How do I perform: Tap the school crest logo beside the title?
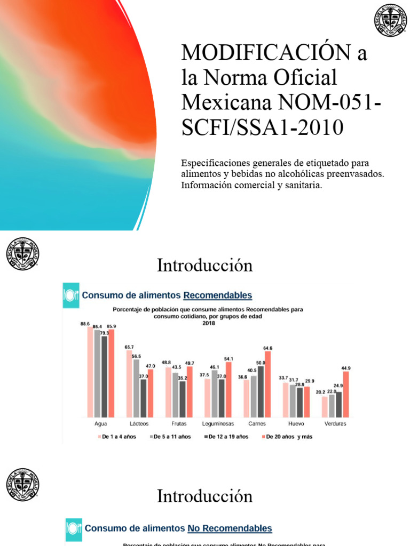(x=390, y=21)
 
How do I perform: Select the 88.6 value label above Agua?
(x=84, y=324)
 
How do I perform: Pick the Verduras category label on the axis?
(x=335, y=423)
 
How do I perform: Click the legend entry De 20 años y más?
(x=290, y=437)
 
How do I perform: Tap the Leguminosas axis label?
(x=218, y=423)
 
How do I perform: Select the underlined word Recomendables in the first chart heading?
(x=218, y=295)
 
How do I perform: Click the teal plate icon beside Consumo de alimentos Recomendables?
(x=71, y=295)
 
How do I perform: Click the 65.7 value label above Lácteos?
(x=130, y=347)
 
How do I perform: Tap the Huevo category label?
(x=296, y=423)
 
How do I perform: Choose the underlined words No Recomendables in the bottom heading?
(x=230, y=528)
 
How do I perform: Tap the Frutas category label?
(x=178, y=423)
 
